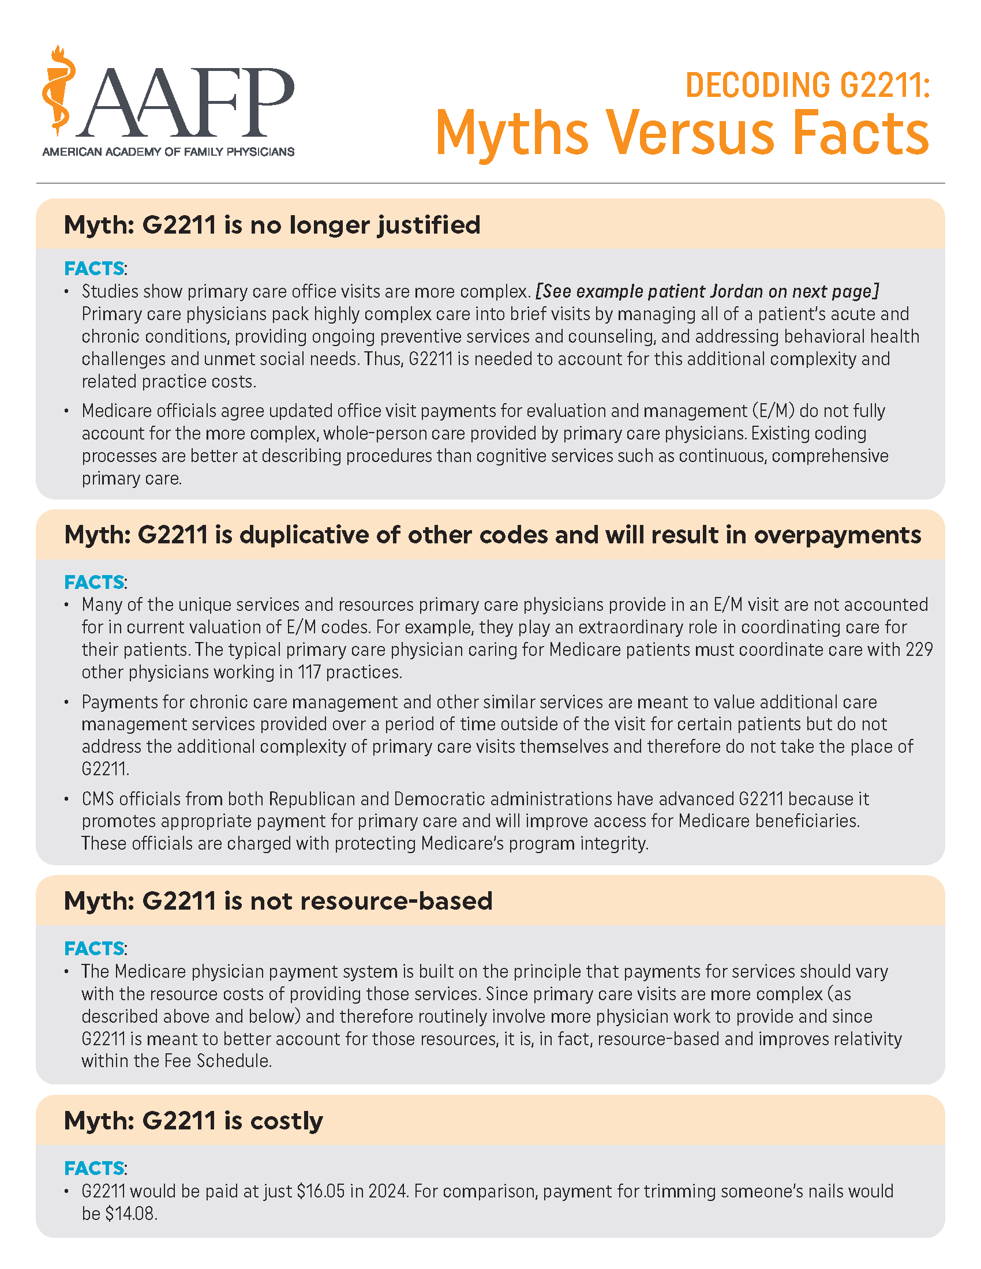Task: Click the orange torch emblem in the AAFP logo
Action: click(59, 90)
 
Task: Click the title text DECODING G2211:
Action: click(808, 85)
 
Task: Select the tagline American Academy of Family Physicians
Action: click(169, 152)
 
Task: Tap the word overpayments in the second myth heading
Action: click(837, 535)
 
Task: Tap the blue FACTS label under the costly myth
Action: click(94, 1168)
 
